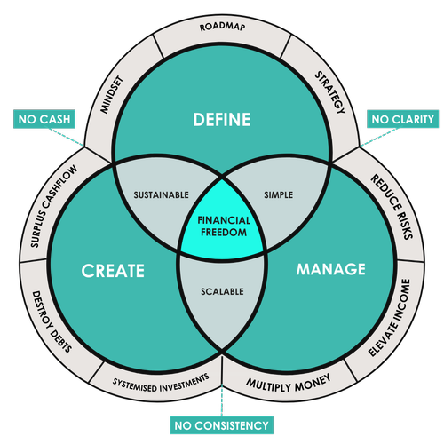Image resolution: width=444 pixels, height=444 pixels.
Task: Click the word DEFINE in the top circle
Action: point(222,119)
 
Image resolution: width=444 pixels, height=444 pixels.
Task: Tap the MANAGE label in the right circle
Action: point(330,267)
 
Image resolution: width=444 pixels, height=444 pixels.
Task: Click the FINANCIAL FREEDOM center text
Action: point(221,225)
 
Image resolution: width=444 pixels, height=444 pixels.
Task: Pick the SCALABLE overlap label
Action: point(221,290)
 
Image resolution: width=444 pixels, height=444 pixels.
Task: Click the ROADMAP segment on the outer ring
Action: point(222,27)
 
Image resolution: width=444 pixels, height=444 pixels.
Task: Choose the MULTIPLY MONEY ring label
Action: point(286,383)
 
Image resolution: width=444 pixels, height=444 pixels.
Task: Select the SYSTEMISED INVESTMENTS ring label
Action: point(161,383)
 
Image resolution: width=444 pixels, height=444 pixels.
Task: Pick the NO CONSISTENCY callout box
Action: point(221,426)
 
